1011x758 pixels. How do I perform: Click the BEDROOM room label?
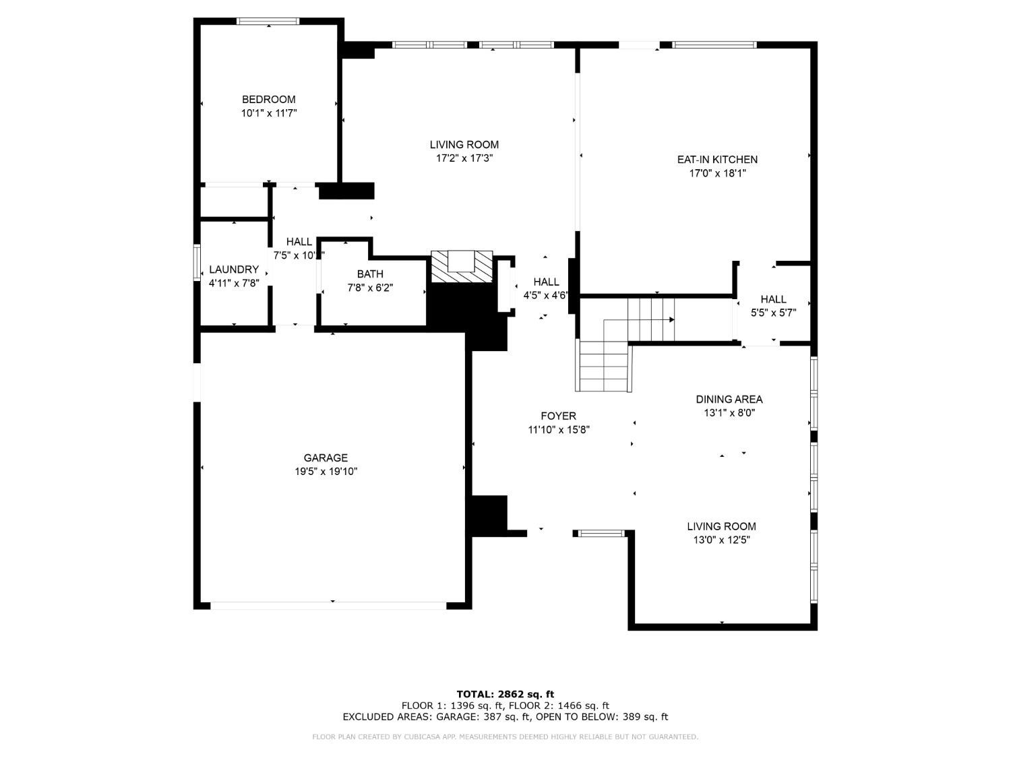pyautogui.click(x=268, y=100)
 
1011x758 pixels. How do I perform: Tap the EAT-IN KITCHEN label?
pyautogui.click(x=717, y=160)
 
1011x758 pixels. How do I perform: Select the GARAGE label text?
pyautogui.click(x=326, y=458)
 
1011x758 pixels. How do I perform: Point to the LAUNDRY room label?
pyautogui.click(x=234, y=270)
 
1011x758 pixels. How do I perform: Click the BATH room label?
pyautogui.click(x=370, y=274)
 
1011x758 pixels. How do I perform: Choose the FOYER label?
pyautogui.click(x=558, y=416)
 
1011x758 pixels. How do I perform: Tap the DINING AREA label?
pyautogui.click(x=729, y=400)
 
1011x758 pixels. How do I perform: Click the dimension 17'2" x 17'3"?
pyautogui.click(x=464, y=158)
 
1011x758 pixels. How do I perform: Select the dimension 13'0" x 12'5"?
pyautogui.click(x=722, y=540)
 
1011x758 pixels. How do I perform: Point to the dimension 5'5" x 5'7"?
pyautogui.click(x=773, y=313)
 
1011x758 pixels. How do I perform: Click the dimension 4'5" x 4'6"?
pyautogui.click(x=545, y=296)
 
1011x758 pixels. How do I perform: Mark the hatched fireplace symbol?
pyautogui.click(x=462, y=267)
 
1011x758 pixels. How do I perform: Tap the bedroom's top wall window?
pyautogui.click(x=268, y=21)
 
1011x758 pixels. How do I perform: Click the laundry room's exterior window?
pyautogui.click(x=197, y=263)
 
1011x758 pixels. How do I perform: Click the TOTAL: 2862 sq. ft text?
pyautogui.click(x=506, y=694)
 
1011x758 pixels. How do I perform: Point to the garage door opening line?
pyautogui.click(x=328, y=606)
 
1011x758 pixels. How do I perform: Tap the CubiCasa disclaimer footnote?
pyautogui.click(x=506, y=737)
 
